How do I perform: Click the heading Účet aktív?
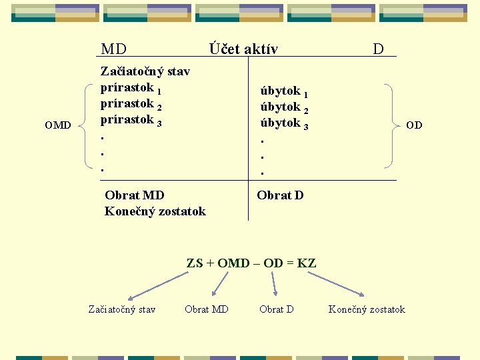coord(243,49)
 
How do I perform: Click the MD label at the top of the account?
coord(113,49)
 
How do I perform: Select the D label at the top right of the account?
coord(378,49)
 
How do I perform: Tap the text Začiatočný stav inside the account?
coord(145,71)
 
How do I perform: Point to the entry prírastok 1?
coord(131,88)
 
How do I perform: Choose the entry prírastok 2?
coord(131,105)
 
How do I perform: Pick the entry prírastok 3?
coord(131,121)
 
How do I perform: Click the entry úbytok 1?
coord(283,91)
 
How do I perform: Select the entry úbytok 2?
coord(283,107)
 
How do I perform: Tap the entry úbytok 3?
coord(283,123)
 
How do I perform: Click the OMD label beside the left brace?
coord(58,125)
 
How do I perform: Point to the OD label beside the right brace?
coord(414,125)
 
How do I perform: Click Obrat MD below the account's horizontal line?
coord(135,195)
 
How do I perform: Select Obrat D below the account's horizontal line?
coord(280,195)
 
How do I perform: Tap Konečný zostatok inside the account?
coord(155,211)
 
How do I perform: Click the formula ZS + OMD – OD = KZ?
coord(251,263)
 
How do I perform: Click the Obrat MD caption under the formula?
coord(206,309)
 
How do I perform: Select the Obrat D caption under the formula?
coord(277,309)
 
